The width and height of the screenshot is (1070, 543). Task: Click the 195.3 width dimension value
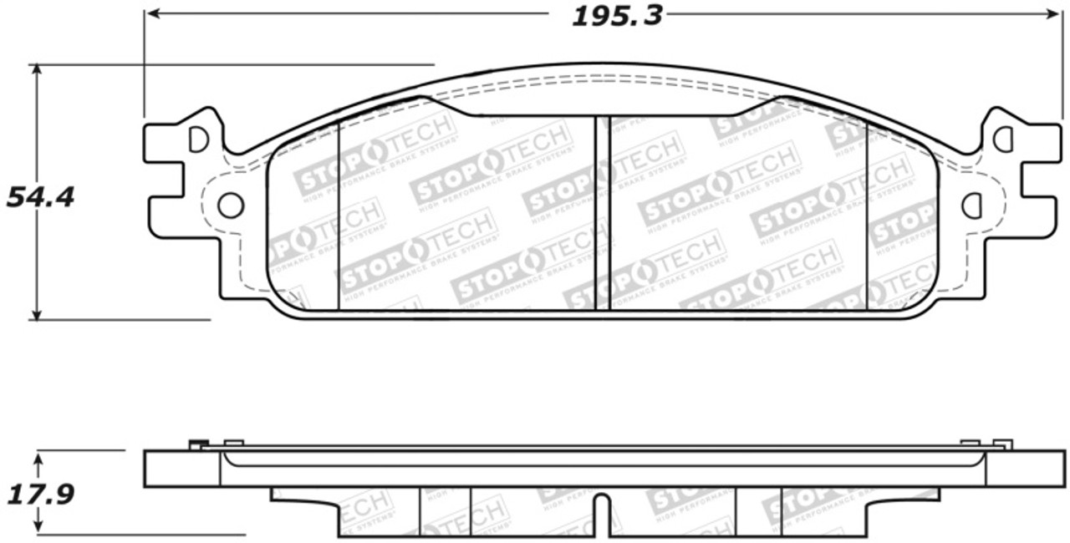pos(617,16)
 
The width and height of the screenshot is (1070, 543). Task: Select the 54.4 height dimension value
pos(40,197)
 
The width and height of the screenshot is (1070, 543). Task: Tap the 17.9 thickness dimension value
pos(40,495)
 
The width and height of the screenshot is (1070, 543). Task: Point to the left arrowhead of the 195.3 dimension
pos(151,13)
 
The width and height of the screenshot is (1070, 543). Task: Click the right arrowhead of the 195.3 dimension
pos(1055,13)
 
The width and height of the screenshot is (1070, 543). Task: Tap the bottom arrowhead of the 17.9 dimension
pos(37,530)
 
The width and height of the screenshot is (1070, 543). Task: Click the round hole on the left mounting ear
pos(230,205)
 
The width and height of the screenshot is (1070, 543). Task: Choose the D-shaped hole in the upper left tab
pos(198,140)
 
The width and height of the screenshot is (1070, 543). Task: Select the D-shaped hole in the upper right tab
pos(1003,140)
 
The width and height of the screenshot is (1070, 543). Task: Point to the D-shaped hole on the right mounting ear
pos(971,205)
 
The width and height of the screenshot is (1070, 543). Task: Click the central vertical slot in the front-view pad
pos(603,213)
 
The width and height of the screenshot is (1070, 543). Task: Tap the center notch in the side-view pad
pos(603,512)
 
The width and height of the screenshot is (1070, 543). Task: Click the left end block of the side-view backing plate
pos(181,469)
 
